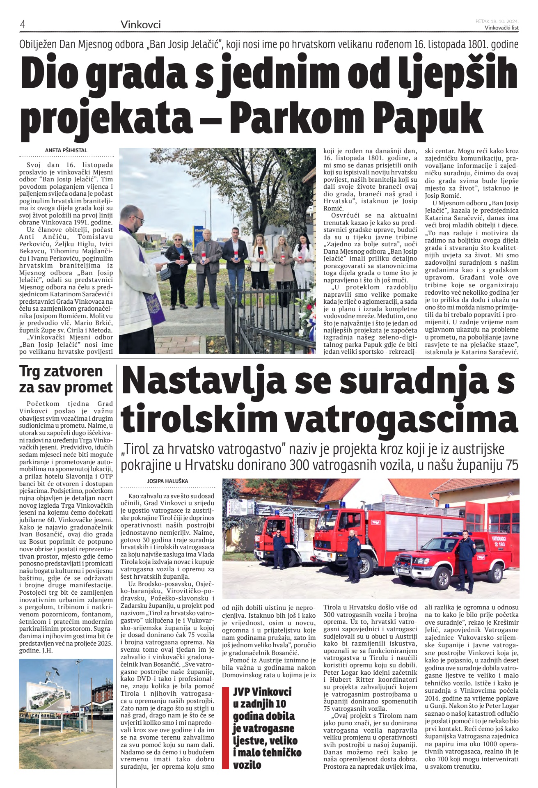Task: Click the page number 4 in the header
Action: (x=23, y=25)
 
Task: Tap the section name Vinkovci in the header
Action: (x=140, y=25)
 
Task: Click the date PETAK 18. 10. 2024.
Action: (x=497, y=21)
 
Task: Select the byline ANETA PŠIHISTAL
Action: (x=66, y=150)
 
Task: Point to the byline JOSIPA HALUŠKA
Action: (x=167, y=481)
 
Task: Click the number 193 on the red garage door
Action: (x=501, y=544)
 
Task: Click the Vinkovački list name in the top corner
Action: (x=501, y=27)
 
